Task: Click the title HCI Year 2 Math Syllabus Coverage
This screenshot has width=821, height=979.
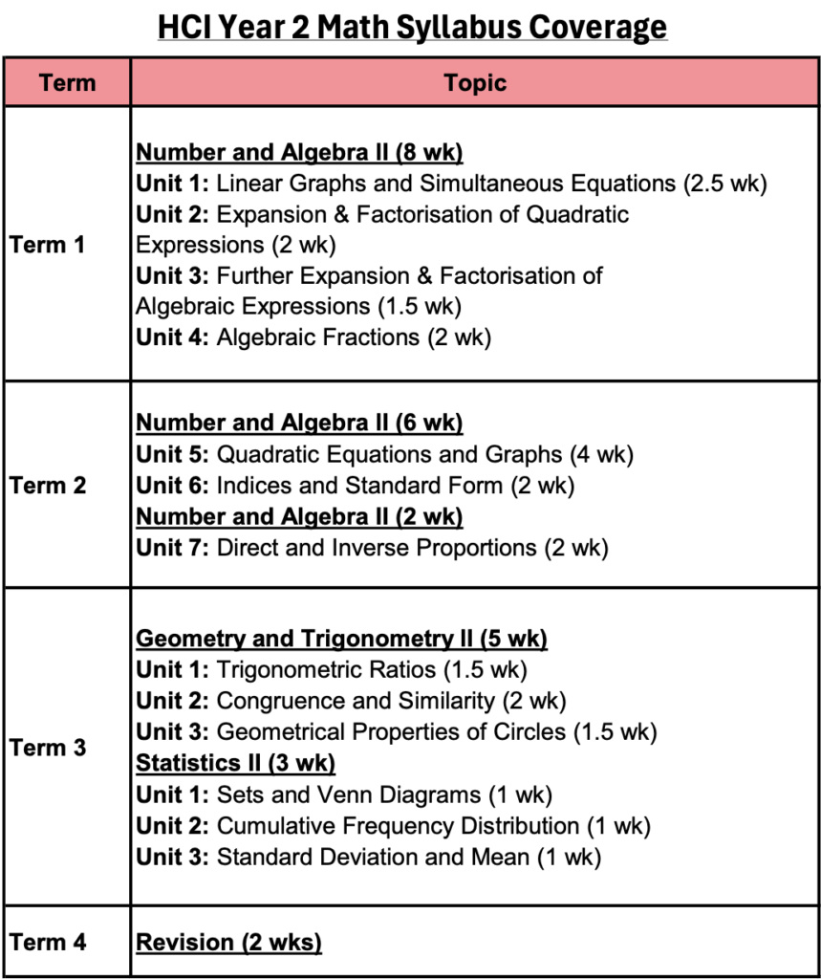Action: (x=412, y=27)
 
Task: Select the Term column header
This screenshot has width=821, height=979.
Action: (x=67, y=82)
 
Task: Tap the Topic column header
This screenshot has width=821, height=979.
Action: (x=475, y=82)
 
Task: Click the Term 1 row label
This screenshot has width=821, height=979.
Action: (x=48, y=245)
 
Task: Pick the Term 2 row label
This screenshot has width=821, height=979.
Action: (x=48, y=485)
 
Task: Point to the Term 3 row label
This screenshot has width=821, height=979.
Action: (x=48, y=747)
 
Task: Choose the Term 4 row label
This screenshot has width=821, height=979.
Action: (x=48, y=942)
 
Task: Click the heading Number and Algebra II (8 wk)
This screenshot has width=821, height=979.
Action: (x=299, y=153)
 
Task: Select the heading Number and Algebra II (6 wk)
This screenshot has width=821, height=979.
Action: (x=299, y=423)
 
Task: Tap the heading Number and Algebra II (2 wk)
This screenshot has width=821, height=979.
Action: (x=299, y=516)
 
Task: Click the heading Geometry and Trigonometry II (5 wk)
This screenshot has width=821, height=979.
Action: (x=341, y=639)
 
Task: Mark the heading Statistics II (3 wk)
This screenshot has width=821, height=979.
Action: (x=235, y=763)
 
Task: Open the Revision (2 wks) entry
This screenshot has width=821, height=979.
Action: (x=228, y=942)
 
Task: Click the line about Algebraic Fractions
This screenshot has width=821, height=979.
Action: (x=313, y=337)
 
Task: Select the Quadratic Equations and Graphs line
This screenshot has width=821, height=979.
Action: (x=384, y=454)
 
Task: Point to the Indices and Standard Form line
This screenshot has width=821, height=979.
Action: (x=355, y=486)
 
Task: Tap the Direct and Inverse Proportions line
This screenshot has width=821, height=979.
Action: (x=372, y=548)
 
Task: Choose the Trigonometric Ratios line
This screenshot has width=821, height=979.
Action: (x=331, y=670)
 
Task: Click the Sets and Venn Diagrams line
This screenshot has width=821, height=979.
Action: (x=344, y=794)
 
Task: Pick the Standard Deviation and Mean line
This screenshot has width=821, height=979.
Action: (x=368, y=857)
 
